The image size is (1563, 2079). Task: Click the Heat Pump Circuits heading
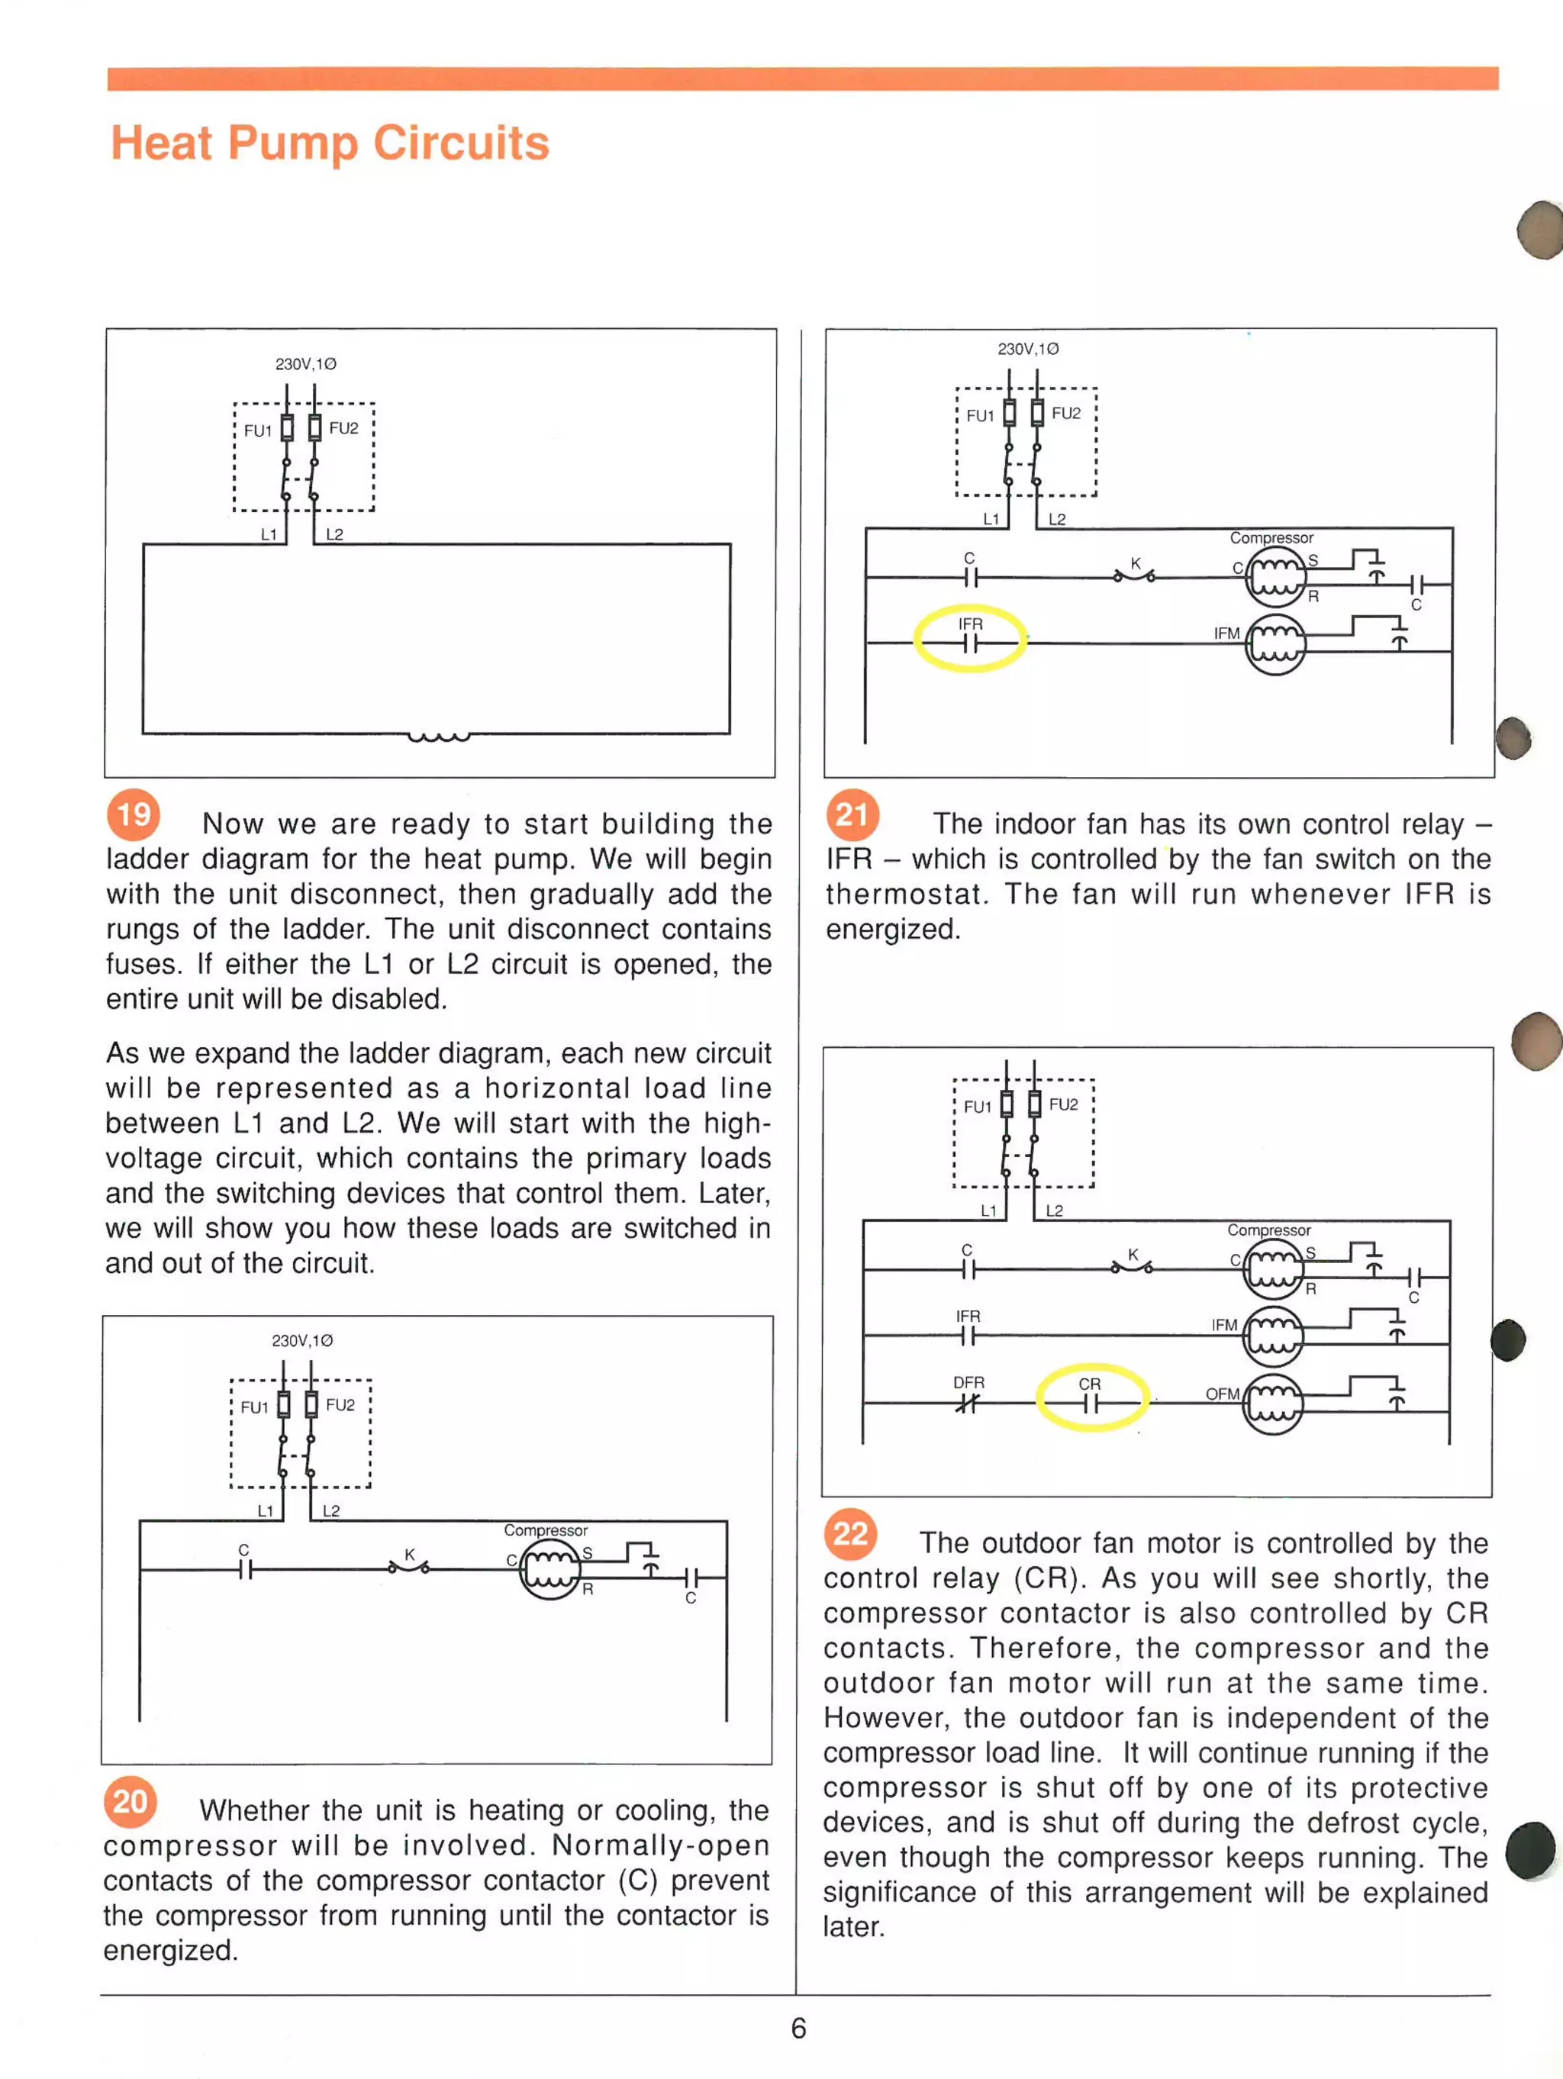click(329, 143)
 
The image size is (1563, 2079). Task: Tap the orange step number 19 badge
click(134, 814)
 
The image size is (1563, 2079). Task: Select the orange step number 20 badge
click(130, 1800)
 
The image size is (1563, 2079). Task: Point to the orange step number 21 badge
click(852, 814)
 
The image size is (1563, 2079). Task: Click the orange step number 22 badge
click(851, 1534)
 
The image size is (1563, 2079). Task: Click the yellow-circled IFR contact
click(970, 639)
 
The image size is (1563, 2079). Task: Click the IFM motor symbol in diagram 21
click(1275, 644)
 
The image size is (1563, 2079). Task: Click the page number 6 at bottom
click(798, 2029)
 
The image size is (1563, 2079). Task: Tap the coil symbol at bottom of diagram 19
click(438, 736)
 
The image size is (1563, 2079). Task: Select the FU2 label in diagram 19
click(343, 429)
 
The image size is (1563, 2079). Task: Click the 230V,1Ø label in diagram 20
click(301, 1340)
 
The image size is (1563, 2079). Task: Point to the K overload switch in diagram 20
click(409, 1564)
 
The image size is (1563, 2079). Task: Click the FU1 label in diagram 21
click(979, 415)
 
